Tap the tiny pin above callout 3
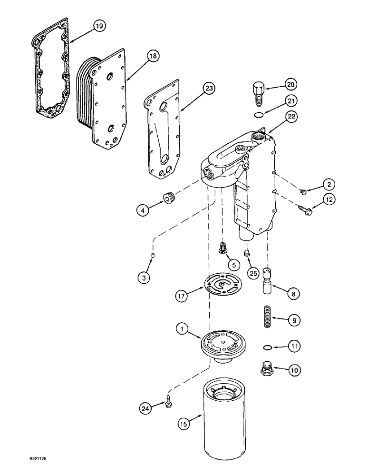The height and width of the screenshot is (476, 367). [153, 258]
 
